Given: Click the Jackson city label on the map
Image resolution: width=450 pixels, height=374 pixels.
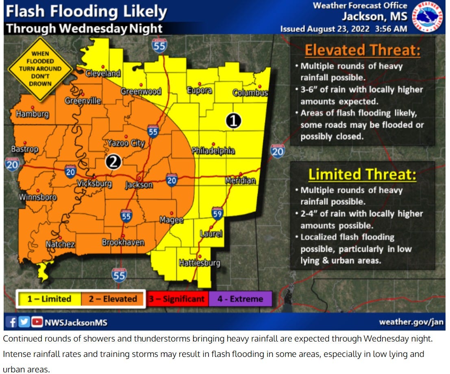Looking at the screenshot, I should (x=139, y=185).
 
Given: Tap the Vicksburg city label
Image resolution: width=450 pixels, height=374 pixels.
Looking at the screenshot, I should (x=94, y=183).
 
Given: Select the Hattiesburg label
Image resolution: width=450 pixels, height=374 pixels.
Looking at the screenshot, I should (x=200, y=263).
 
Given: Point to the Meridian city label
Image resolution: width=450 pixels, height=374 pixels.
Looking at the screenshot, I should (x=241, y=181).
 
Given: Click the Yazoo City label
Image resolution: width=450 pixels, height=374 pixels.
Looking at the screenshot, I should (x=126, y=143).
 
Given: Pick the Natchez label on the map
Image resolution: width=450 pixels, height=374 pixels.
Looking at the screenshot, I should (x=60, y=244).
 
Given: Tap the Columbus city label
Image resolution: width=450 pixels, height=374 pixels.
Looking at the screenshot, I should (x=250, y=92).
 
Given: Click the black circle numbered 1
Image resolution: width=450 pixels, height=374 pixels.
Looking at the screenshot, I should (x=234, y=121).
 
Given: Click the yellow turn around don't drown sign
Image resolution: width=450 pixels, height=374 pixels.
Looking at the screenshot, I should (x=40, y=69).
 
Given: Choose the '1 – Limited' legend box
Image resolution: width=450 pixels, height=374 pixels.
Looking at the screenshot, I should (x=49, y=299).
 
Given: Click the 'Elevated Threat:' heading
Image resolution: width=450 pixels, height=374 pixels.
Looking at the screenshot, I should (x=362, y=50).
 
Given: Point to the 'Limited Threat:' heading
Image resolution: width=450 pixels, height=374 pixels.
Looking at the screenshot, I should (x=362, y=174).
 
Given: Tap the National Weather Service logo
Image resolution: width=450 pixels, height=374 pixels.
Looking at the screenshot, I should (x=426, y=17).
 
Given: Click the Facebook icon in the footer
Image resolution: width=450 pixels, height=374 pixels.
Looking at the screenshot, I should (x=13, y=322).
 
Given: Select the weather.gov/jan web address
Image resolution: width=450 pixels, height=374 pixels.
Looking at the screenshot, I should (x=411, y=322).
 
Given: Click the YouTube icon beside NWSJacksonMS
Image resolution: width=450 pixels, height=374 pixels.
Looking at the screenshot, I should (x=37, y=322).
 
